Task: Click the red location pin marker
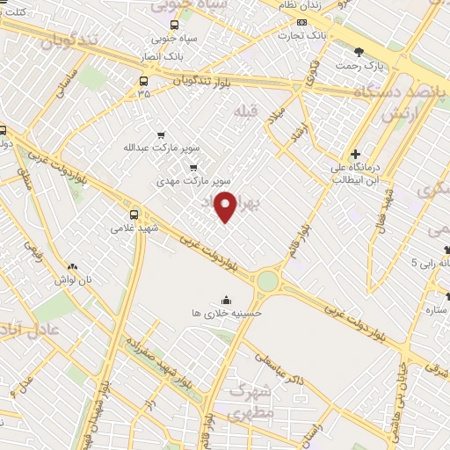click(226, 206)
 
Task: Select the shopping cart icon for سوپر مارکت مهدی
click(193, 167)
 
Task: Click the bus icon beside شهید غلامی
click(134, 214)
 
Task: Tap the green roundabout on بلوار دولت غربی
click(267, 281)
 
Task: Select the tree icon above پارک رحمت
click(359, 52)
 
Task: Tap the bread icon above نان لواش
click(73, 265)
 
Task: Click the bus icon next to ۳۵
click(143, 81)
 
